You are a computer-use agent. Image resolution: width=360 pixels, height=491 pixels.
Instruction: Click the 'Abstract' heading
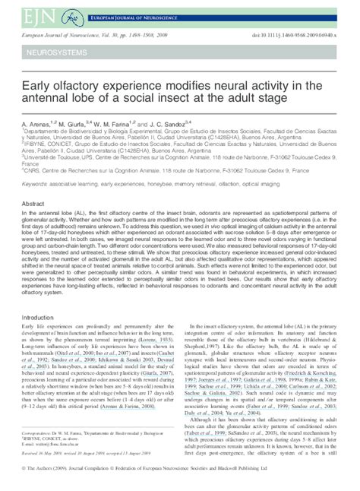(35, 204)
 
